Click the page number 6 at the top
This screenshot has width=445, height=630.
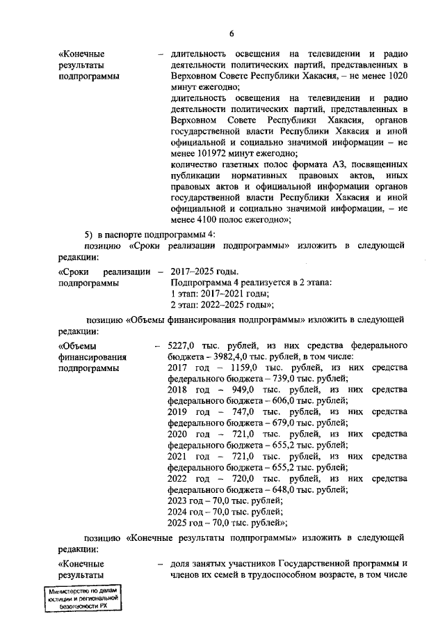click(232, 33)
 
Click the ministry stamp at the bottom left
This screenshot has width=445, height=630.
click(82, 597)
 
